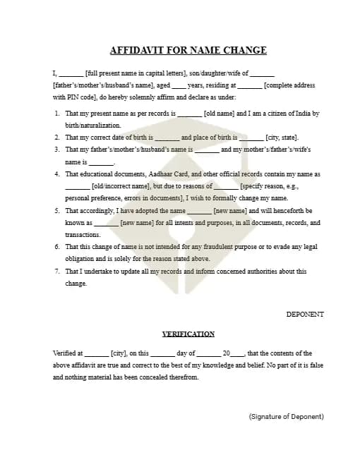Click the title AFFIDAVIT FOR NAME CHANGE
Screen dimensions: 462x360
click(188, 50)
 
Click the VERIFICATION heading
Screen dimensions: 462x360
click(188, 334)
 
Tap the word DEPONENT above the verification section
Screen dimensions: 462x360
click(305, 314)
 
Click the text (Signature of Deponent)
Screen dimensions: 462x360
click(286, 417)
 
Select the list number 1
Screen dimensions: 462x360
click(56, 114)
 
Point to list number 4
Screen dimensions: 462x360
click(56, 174)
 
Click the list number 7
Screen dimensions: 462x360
click(56, 271)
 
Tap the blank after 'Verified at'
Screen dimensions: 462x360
click(97, 353)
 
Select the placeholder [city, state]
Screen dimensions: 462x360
click(282, 138)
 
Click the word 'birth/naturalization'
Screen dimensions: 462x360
click(88, 125)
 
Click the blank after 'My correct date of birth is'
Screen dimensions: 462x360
click(167, 138)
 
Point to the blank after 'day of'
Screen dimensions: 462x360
click(209, 353)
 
